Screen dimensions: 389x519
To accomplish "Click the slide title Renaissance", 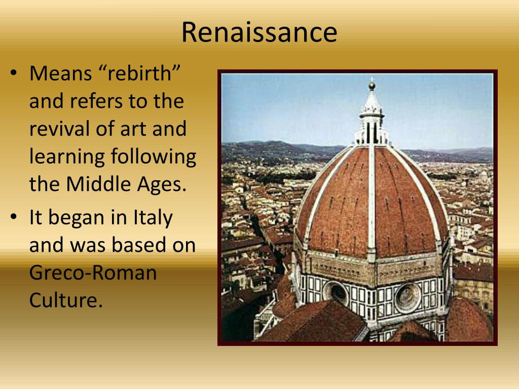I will click(x=259, y=32).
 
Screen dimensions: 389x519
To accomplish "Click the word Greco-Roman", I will click(x=93, y=274).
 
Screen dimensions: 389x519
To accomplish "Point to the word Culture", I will click(x=66, y=300).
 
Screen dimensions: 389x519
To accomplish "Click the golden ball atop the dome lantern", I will click(x=372, y=86).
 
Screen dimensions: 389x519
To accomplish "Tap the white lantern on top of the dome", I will click(x=372, y=119).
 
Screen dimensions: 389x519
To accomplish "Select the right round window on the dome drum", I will click(x=408, y=297).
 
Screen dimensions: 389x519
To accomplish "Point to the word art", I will click(x=133, y=129).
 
